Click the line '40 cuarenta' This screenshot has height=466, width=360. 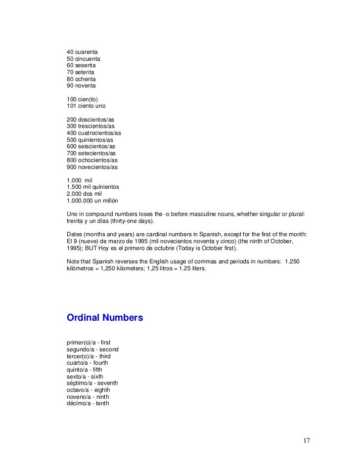pos(82,51)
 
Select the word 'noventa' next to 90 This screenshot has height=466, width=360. pos(86,85)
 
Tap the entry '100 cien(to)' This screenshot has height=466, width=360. pos(82,99)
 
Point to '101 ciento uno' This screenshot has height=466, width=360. pos(86,106)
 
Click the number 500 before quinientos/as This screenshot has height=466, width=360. pos(72,140)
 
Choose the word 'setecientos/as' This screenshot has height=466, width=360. pos(96,154)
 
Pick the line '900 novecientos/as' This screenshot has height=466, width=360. pos(92,167)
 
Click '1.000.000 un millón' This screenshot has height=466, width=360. pos(92,201)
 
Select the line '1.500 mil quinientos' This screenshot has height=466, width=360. pos(92,187)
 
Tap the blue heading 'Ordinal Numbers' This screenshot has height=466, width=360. pos(105,318)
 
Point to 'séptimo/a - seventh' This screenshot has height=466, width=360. pos(92,383)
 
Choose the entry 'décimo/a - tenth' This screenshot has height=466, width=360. pos(88,403)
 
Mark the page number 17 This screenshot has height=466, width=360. pos(307,441)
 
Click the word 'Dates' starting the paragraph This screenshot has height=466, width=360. pos(75,234)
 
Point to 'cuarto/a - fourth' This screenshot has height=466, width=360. pos(87,363)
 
